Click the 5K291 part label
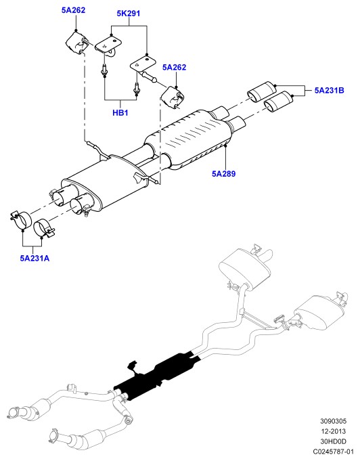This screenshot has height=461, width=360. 128,14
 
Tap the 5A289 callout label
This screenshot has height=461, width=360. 223,174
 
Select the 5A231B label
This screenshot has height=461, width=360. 329,90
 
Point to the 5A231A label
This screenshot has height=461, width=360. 35,259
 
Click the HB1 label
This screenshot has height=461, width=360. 120,112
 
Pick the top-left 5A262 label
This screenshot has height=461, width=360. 73,10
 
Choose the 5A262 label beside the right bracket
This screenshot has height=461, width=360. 175,67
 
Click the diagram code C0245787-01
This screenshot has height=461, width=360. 333,452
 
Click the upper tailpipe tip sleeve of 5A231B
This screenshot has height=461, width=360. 262,91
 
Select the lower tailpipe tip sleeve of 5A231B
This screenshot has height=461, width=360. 278,102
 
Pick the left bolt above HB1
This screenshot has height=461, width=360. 104,70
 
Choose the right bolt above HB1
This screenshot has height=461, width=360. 136,87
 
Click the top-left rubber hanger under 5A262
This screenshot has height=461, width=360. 76,43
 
